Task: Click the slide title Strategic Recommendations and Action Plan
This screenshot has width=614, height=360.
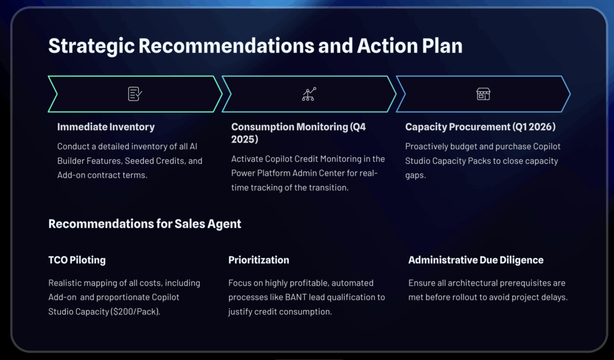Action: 255,46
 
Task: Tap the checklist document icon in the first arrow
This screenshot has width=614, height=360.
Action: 135,94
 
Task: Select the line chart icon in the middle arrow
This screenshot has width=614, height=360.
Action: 309,94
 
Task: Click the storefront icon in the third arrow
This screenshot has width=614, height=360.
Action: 483,94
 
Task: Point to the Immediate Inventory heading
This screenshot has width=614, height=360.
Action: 106,127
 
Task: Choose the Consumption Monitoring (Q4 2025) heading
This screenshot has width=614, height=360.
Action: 299,133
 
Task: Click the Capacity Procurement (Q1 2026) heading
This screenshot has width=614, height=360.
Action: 480,127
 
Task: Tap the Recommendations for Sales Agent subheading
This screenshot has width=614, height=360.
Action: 145,224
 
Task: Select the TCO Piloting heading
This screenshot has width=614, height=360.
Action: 77,260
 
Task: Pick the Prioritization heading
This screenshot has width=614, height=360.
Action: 258,260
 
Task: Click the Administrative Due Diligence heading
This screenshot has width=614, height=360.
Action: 475,260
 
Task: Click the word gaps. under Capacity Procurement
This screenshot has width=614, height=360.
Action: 416,176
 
